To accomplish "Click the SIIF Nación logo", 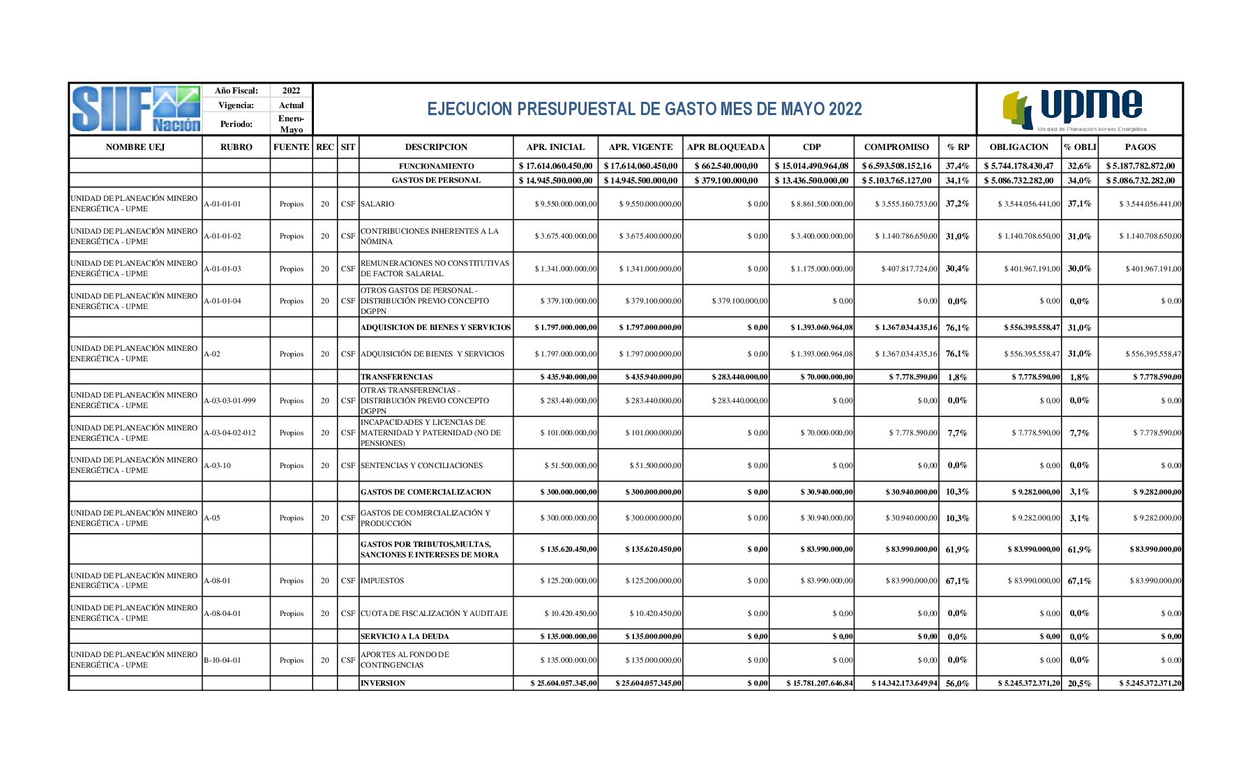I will click(x=135, y=109).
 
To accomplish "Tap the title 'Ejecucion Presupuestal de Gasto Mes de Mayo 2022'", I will click(x=644, y=109).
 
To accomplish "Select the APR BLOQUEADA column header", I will click(x=725, y=147).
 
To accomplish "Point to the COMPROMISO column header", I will click(x=896, y=147).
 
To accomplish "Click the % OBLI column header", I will click(x=1080, y=147).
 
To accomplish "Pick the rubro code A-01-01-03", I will click(x=223, y=269).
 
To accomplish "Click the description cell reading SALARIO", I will click(x=377, y=204).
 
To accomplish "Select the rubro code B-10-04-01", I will click(x=223, y=660).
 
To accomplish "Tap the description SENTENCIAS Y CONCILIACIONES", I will click(x=421, y=465).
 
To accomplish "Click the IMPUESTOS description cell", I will click(x=382, y=580).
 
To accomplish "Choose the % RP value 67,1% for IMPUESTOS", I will click(x=957, y=580).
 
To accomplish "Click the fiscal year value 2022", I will click(x=291, y=91).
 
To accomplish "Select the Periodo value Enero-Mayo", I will click(x=291, y=124).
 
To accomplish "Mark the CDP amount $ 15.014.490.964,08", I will click(x=811, y=166).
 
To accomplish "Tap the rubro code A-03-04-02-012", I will click(x=229, y=433).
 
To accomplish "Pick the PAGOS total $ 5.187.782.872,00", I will click(x=1140, y=166).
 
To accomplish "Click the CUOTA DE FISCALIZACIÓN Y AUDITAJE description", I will click(x=434, y=613).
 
